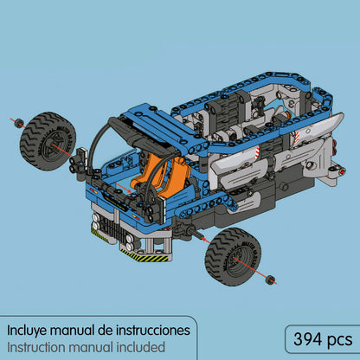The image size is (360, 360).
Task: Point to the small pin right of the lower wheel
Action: click(x=272, y=279)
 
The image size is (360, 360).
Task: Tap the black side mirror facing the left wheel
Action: click(x=80, y=157)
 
